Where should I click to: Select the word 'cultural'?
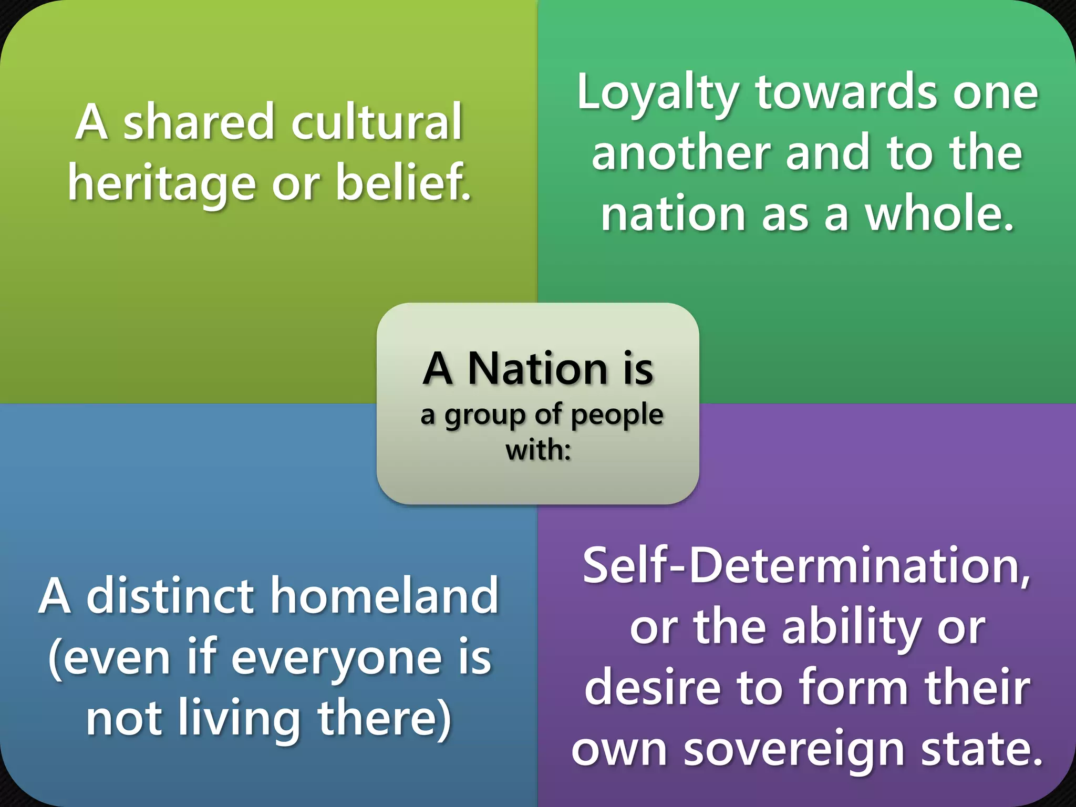click(x=376, y=122)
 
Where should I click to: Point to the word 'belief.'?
click(x=403, y=182)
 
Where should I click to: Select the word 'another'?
click(x=681, y=153)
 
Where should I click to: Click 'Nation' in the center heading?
click(x=537, y=369)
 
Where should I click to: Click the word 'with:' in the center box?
click(x=538, y=450)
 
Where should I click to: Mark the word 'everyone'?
click(x=336, y=658)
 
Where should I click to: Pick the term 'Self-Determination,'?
click(x=806, y=566)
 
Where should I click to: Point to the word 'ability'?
click(x=852, y=627)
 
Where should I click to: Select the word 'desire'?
click(x=653, y=688)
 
